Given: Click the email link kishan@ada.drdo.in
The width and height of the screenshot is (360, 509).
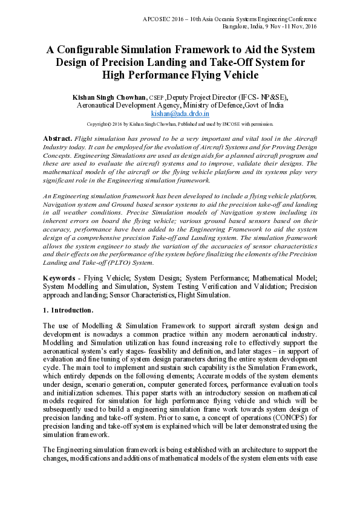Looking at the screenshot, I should pos(180,112).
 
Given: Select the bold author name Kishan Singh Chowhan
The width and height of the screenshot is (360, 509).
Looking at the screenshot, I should pos(109,96).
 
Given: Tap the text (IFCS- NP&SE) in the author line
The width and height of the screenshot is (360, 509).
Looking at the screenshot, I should pos(263,96).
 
